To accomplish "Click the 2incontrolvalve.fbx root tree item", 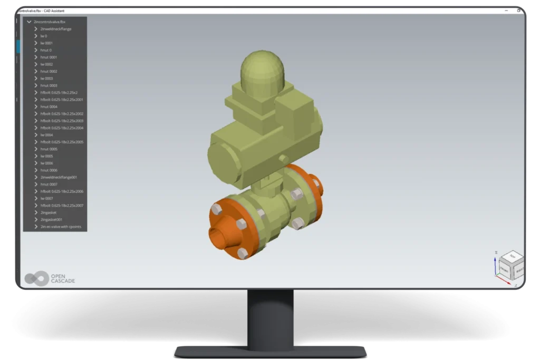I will coord(50,22).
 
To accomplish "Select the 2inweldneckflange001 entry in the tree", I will coord(59,177).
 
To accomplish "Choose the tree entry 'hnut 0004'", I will coord(49,106).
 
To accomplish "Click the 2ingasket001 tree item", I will coord(52,219).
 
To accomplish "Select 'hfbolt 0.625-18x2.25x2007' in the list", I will coord(62,206).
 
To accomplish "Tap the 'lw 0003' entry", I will coord(46,78).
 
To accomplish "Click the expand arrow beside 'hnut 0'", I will coord(35,50).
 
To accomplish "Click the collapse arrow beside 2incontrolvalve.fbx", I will coord(29,22).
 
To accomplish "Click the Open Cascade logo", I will coord(50,278).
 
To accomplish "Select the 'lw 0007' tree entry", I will coord(46,198).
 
